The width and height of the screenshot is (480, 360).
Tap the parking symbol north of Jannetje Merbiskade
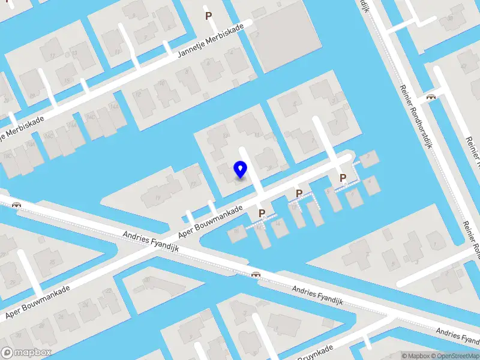point(209,16)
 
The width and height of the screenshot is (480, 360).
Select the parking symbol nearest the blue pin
point(262,213)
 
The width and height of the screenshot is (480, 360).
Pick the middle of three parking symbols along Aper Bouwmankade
point(299,193)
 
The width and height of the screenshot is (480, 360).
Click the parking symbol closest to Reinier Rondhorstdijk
point(343,178)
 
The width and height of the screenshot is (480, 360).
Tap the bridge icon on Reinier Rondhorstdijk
point(431,97)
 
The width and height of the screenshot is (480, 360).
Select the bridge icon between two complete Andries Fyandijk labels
point(256,274)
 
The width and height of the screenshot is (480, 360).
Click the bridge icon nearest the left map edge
point(17,204)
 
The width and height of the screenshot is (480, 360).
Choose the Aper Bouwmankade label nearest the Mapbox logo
point(37,301)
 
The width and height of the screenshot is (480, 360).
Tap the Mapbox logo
point(27,352)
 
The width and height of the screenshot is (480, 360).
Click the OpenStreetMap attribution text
point(454,356)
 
